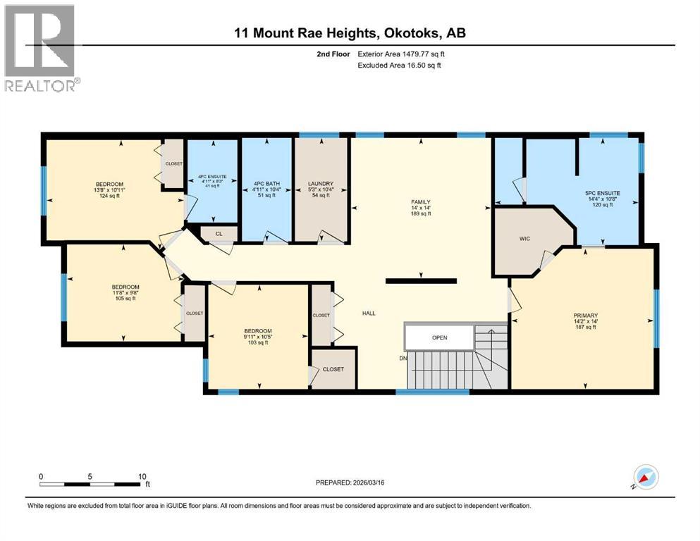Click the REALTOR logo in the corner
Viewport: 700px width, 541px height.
point(40,47)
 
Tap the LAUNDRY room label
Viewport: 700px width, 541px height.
point(320,184)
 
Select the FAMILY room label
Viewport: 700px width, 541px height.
point(421,202)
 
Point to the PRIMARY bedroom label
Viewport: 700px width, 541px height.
point(585,316)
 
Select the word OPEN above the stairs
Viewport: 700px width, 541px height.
point(440,337)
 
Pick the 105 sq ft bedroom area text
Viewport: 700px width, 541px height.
point(125,298)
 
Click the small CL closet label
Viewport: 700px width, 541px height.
point(219,233)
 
